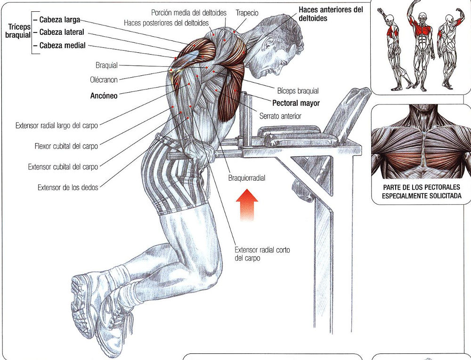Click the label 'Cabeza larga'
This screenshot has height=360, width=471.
60,20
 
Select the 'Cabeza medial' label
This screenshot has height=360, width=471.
63,46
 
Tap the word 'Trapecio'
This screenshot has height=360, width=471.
247,13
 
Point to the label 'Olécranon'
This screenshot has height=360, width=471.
104,80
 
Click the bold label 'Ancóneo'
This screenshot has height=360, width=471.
104,96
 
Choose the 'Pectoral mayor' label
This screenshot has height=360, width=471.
296,103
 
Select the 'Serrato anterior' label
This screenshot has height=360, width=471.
280,116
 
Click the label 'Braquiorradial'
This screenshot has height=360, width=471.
247,178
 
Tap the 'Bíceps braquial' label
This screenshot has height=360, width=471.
298,91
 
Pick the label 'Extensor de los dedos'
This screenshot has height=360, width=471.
68,188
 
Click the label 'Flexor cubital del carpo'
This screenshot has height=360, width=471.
66,146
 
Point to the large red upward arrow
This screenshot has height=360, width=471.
247,205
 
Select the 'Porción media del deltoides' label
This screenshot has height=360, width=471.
189,13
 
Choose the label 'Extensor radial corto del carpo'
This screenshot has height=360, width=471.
262,254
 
